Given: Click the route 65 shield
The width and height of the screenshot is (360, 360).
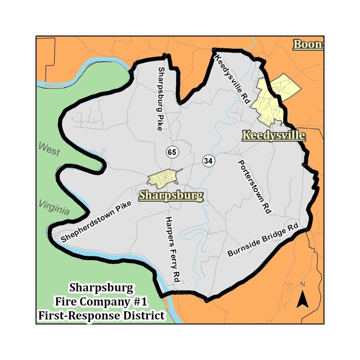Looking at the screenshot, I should (x=172, y=152).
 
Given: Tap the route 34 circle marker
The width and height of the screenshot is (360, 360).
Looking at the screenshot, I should (x=209, y=161).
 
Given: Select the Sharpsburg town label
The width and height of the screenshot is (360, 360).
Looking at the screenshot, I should (x=171, y=195).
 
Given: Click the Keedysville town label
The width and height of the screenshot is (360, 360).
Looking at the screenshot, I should (x=274, y=135).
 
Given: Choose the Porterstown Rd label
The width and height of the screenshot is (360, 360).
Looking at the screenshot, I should (x=255, y=187).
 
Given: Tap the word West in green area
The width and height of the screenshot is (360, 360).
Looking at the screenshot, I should (x=49, y=150).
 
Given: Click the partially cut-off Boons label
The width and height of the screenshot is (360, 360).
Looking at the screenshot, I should (x=308, y=45).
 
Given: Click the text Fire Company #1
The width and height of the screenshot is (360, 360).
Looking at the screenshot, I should (x=101, y=301).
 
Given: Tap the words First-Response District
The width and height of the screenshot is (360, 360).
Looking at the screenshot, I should (x=101, y=315).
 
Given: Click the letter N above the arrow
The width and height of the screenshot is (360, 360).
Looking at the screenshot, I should (x=303, y=285).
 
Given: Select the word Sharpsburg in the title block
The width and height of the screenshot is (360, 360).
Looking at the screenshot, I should (x=101, y=287).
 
